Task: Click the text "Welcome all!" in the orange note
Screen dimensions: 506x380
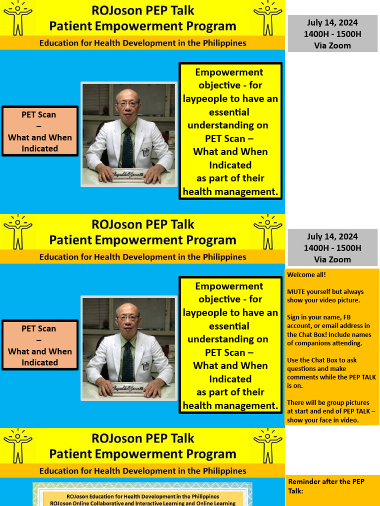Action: (x=307, y=274)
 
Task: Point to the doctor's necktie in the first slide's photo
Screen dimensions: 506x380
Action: (x=128, y=146)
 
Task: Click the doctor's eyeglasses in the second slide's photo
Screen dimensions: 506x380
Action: (x=128, y=318)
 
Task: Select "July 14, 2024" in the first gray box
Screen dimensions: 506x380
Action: (x=332, y=23)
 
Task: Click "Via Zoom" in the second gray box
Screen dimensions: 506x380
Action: (x=332, y=259)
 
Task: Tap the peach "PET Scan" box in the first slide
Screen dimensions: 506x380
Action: (x=40, y=131)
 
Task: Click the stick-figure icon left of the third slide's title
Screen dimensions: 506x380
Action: (x=18, y=446)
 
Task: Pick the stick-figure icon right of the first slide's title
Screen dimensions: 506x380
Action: (x=268, y=18)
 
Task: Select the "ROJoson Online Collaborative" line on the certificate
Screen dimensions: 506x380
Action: (x=142, y=503)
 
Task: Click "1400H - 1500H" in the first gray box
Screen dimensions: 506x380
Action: (x=332, y=34)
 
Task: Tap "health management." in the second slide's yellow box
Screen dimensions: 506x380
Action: (x=230, y=406)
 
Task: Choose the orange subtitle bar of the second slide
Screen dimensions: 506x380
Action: (x=142, y=257)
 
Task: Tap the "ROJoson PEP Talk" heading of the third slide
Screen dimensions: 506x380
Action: (x=142, y=438)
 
